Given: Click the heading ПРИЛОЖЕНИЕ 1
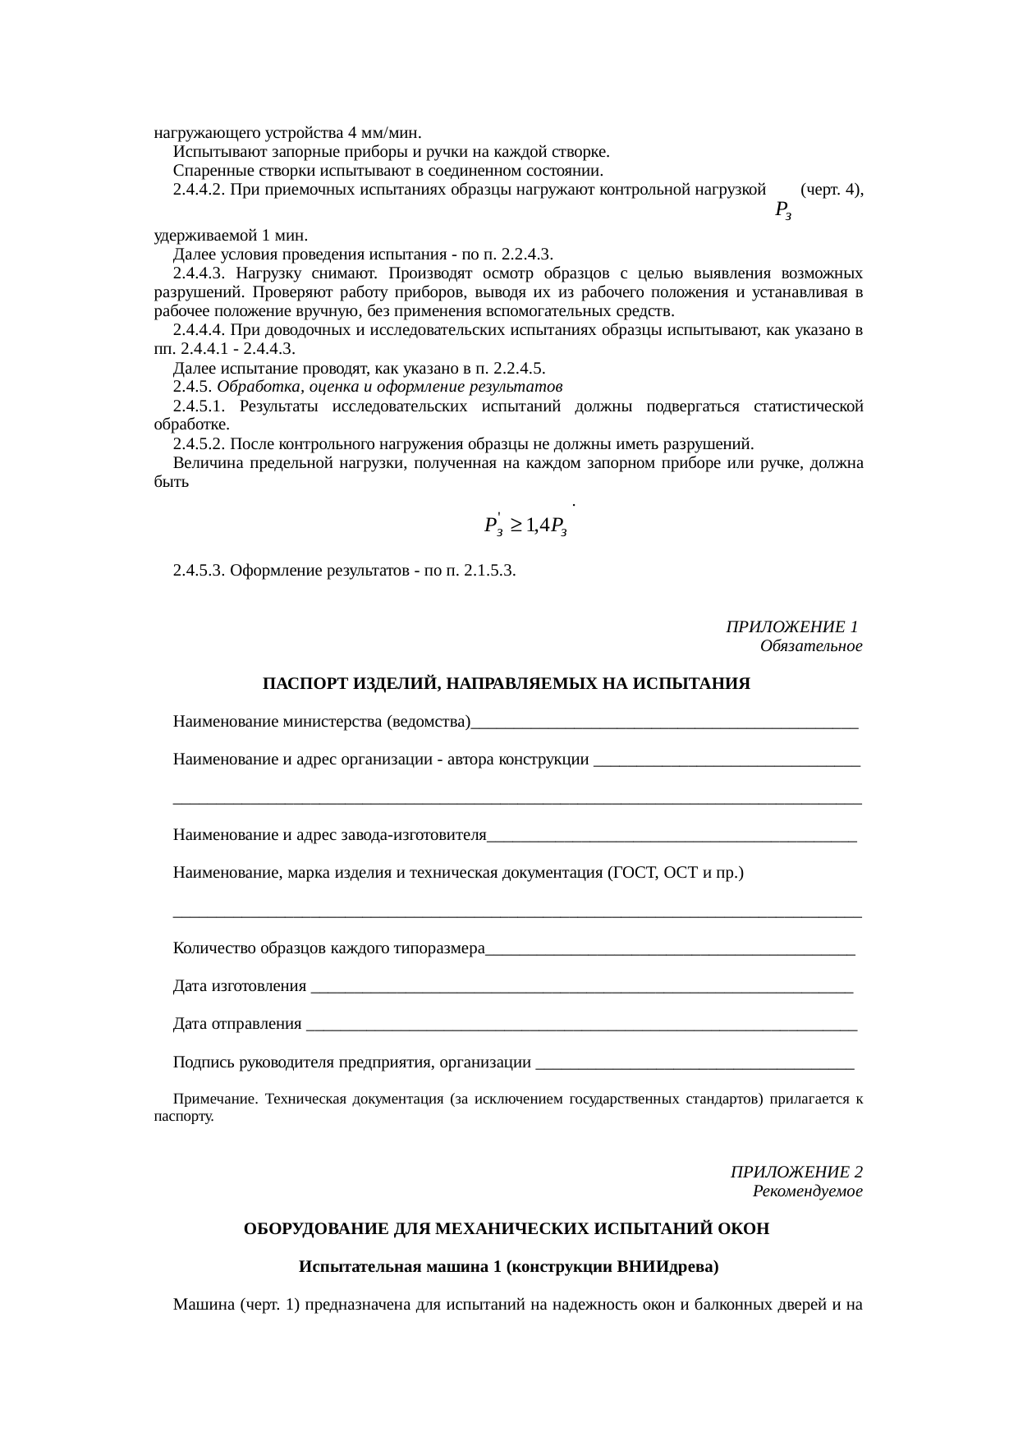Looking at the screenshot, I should point(791,628).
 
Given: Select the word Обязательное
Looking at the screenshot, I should point(810,646).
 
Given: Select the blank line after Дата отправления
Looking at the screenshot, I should point(580,1026).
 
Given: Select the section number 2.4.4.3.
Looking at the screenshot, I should point(199,273).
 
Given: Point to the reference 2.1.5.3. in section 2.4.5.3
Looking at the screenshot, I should point(489,570).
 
